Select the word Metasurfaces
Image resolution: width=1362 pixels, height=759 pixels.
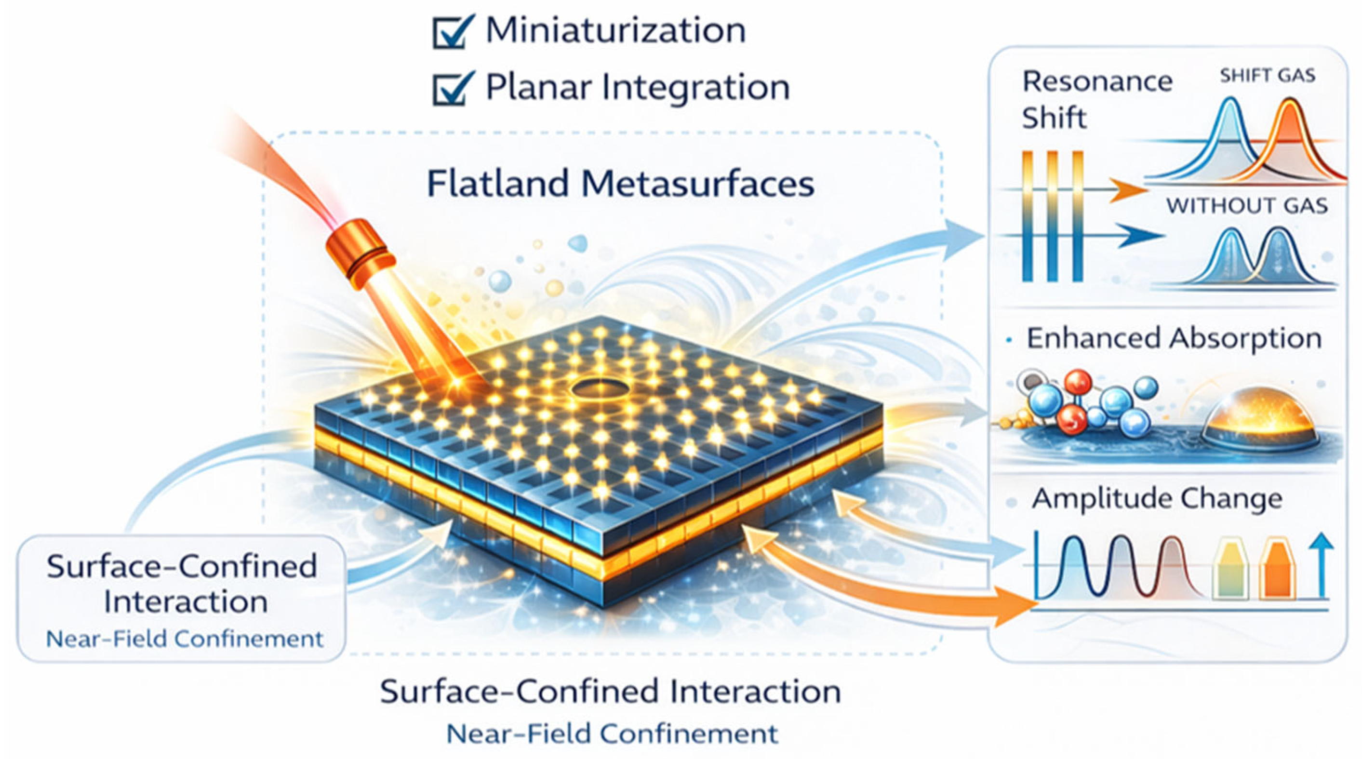(x=698, y=184)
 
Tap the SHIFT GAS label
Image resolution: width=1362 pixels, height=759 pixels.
(x=1267, y=76)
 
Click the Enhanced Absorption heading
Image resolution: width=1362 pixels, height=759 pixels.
(x=1174, y=338)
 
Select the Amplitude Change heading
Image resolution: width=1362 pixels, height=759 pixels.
(x=1157, y=498)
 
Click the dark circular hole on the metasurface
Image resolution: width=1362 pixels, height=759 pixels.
(x=600, y=390)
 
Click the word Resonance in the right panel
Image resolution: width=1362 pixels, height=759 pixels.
(x=1097, y=81)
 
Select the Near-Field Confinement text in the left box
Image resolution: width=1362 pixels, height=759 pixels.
(x=185, y=639)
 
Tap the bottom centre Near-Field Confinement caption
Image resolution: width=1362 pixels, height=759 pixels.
(x=612, y=733)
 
